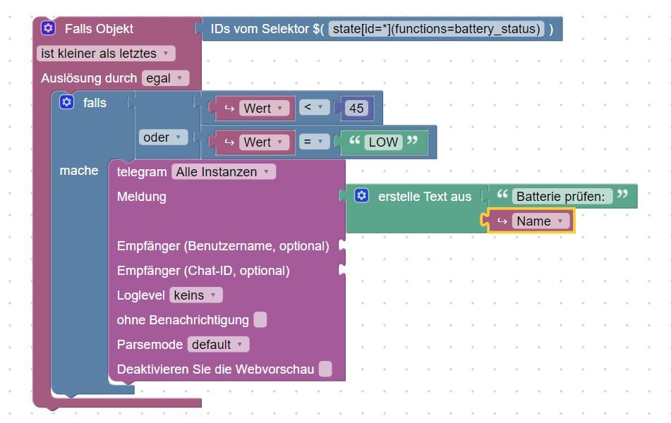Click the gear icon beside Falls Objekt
[48, 28]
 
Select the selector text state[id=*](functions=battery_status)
[436, 29]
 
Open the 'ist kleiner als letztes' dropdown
[106, 54]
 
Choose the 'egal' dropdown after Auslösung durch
[165, 78]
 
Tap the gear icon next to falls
[66, 102]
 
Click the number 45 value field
[356, 108]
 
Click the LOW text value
[383, 142]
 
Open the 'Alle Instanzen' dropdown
[223, 171]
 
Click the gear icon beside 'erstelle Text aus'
[361, 196]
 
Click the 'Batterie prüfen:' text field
[561, 197]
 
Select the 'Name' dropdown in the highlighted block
[540, 221]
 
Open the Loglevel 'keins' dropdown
[195, 295]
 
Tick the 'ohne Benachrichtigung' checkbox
[260, 320]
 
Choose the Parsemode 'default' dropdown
[218, 345]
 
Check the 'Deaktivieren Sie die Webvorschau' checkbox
[325, 369]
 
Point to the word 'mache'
[79, 171]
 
